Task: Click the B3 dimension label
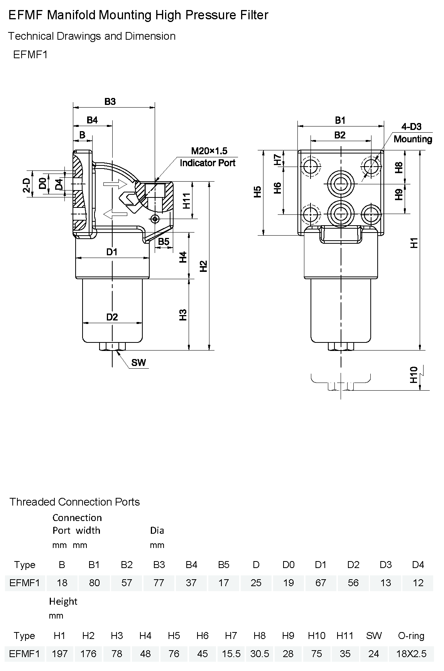[x=110, y=101]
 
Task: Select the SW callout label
[x=138, y=362]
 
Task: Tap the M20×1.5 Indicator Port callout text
[x=208, y=157]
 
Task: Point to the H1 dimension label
[x=414, y=243]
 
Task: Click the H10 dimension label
[x=414, y=375]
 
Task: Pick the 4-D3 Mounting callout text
[x=412, y=133]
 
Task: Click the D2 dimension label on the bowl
[x=112, y=317]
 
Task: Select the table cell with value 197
[x=60, y=654]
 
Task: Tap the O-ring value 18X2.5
[x=412, y=654]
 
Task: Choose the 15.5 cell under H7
[x=231, y=654]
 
